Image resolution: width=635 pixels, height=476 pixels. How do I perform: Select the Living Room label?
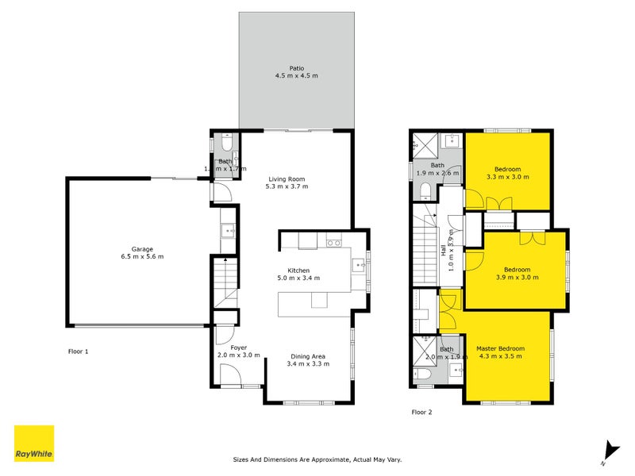click(x=287, y=179)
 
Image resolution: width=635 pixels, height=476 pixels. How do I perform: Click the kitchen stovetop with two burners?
click(x=333, y=243)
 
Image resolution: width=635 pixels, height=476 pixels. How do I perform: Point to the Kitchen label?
click(x=298, y=271)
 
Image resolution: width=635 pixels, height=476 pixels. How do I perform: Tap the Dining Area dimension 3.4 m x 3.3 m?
click(x=308, y=363)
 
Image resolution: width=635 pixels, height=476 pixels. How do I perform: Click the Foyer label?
click(x=238, y=347)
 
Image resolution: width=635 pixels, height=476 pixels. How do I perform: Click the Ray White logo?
click(x=34, y=443)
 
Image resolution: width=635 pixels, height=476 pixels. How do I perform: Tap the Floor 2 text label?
click(x=421, y=412)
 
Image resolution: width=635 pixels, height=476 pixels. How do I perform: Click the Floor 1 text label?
click(x=77, y=350)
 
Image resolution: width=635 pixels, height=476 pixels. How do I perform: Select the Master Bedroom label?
click(x=500, y=348)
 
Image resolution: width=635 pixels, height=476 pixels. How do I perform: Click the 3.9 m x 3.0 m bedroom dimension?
click(x=517, y=278)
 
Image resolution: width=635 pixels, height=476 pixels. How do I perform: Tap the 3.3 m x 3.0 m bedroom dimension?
click(x=507, y=177)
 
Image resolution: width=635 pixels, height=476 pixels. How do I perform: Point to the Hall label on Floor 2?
click(x=443, y=250)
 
